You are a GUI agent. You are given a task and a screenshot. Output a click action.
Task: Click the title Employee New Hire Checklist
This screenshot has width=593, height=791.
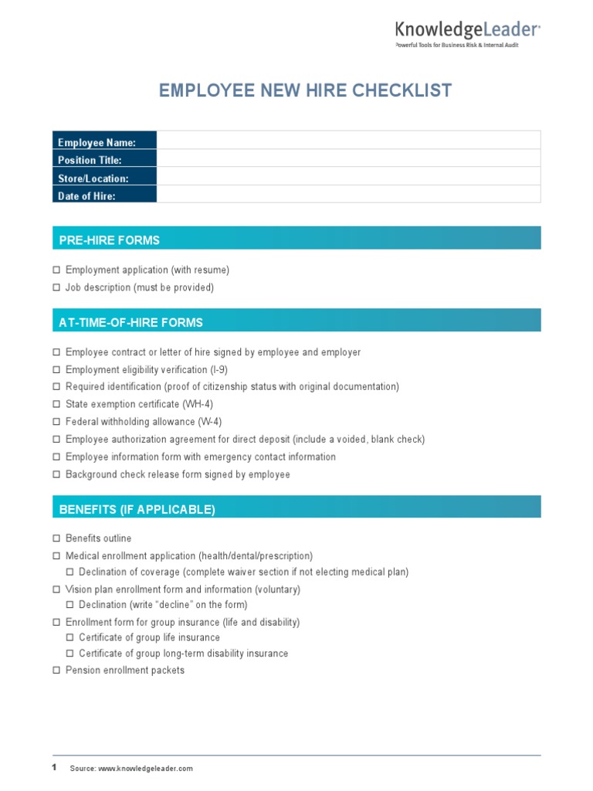[305, 90]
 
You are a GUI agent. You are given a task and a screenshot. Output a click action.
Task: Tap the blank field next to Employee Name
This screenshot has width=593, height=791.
[348, 141]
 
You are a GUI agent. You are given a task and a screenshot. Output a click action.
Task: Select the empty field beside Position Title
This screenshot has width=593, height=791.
[348, 158]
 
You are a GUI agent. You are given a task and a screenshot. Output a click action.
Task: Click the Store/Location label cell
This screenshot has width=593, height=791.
[104, 178]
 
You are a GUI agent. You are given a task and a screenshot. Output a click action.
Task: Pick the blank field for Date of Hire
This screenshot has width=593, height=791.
[348, 195]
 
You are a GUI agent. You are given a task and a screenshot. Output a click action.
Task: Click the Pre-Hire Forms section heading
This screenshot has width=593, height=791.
[110, 240]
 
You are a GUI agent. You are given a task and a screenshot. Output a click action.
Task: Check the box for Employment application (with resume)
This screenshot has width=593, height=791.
[56, 270]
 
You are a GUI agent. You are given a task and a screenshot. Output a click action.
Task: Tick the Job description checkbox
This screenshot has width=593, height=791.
[56, 287]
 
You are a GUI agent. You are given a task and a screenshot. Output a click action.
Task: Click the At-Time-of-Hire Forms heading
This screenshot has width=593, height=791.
[130, 322]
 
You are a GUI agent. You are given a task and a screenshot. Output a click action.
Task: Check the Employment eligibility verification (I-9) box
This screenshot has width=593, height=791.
[56, 370]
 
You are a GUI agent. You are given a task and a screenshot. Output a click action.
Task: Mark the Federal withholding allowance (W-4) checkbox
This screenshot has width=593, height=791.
[56, 422]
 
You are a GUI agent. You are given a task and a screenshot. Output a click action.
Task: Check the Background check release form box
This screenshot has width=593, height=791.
[56, 474]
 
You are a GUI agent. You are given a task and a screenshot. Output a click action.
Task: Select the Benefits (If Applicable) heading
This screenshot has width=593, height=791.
[137, 509]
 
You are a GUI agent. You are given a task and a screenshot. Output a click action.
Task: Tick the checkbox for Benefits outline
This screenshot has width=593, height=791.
[56, 538]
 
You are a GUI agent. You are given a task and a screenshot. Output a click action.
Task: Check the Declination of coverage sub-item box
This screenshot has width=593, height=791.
[69, 572]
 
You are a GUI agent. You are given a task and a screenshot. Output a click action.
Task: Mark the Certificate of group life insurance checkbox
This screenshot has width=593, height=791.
[69, 638]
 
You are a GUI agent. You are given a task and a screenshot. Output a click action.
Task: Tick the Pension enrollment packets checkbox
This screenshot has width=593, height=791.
[56, 670]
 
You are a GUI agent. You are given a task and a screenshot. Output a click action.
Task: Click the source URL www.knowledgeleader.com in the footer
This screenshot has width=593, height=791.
[145, 769]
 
